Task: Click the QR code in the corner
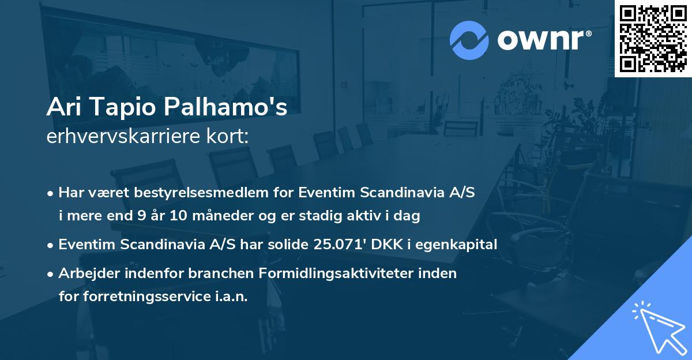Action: click(x=652, y=38)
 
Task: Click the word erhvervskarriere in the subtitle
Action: click(x=117, y=136)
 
